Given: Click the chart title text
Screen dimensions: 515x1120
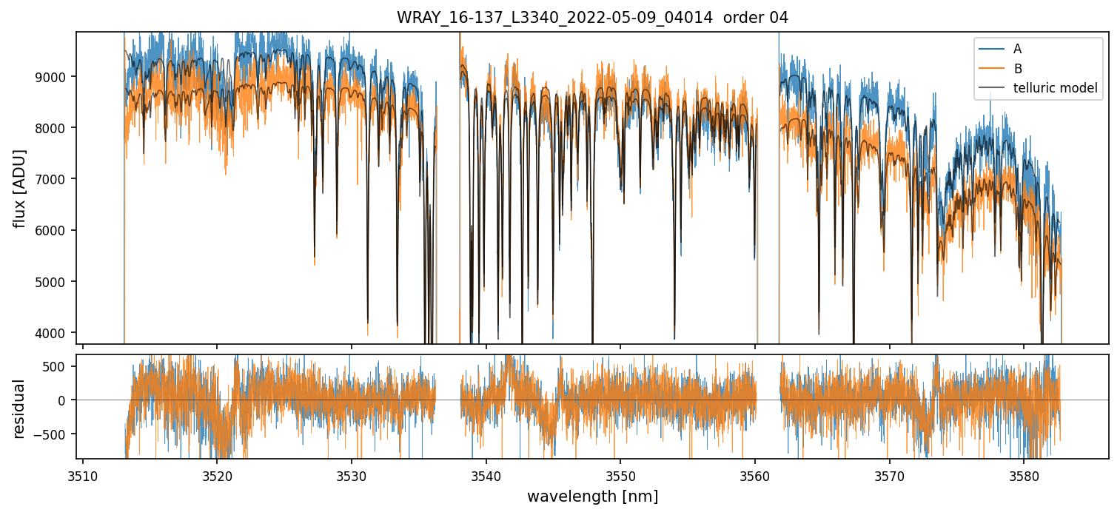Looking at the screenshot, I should click(592, 18).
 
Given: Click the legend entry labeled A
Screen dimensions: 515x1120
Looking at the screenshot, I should click(1017, 49).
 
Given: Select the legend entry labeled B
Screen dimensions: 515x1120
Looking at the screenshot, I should click(1017, 69).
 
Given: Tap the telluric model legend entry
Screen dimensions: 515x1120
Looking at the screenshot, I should click(1055, 89).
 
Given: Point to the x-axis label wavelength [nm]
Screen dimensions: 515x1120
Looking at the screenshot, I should click(592, 496).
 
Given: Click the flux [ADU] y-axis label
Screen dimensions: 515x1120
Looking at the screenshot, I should click(19, 188).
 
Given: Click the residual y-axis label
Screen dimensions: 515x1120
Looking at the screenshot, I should click(19, 408).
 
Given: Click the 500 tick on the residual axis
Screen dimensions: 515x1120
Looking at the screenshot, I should click(61, 366).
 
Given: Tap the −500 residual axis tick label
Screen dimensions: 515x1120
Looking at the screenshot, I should click(56, 434).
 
